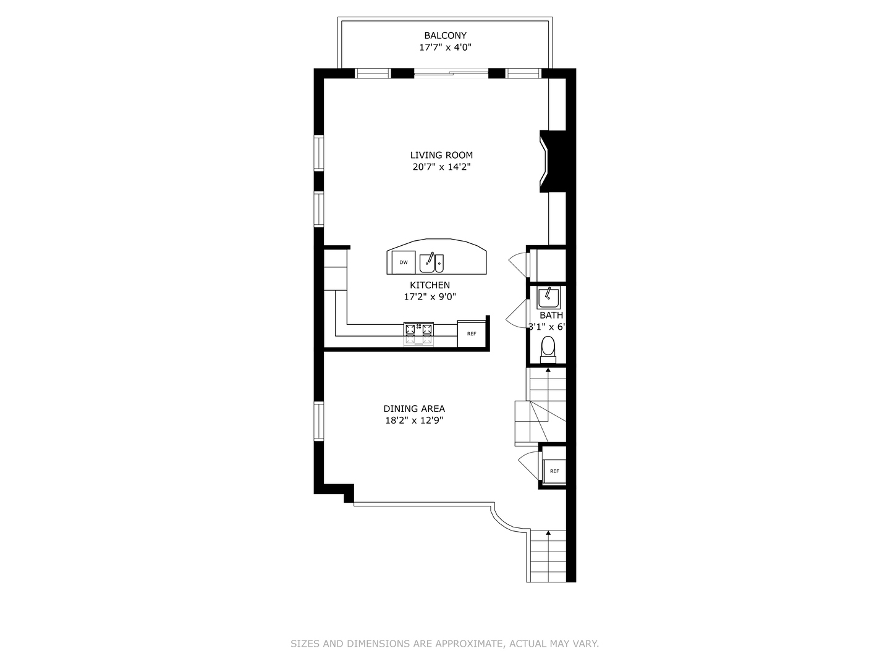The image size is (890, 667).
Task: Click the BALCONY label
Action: click(445, 36)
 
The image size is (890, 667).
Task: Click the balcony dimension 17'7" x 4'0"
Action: click(445, 48)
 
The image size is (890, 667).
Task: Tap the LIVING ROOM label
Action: click(441, 155)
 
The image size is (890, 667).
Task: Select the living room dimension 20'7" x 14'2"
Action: click(441, 167)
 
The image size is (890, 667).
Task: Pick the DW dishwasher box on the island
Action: click(404, 262)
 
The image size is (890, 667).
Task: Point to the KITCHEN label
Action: click(430, 285)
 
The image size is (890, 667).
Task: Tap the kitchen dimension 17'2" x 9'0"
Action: click(430, 296)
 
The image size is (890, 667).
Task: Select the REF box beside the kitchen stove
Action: click(472, 334)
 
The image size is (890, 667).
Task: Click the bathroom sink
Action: click(548, 298)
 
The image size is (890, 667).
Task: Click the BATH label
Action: click(551, 316)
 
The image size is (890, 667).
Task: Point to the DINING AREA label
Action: click(413, 409)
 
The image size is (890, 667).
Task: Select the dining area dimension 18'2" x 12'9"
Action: click(413, 421)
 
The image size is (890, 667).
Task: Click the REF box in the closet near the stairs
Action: click(554, 471)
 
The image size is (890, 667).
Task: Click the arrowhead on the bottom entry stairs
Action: click(548, 532)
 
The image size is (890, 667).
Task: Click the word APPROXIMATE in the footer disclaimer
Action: click(468, 644)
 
